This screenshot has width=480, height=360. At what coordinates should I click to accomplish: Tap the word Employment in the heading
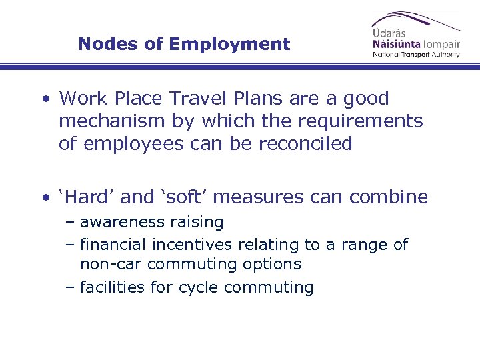(229, 45)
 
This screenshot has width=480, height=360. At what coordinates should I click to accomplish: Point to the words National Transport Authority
(416, 55)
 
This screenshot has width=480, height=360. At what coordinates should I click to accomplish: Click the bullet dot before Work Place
(45, 99)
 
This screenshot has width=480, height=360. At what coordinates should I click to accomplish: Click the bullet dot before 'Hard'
(45, 197)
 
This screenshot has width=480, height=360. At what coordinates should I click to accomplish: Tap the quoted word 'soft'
(186, 197)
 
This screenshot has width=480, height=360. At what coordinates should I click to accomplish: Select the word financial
(113, 245)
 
